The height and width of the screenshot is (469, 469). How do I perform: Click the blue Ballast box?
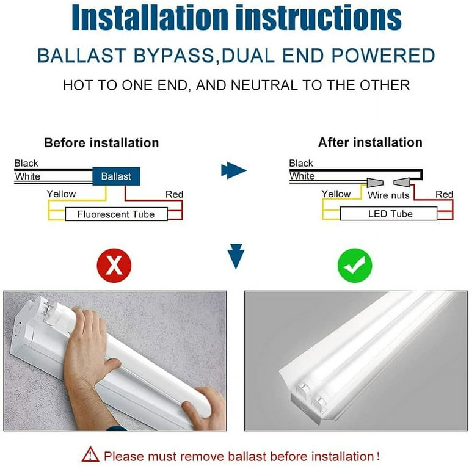point(116,176)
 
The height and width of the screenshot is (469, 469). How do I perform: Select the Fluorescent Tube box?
point(116,214)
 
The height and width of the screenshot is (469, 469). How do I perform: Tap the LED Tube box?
point(390,214)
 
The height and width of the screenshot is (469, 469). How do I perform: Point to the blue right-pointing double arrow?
point(234,170)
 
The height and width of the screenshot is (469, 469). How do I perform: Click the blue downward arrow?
point(235,256)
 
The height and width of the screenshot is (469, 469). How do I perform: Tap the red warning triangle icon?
point(90,455)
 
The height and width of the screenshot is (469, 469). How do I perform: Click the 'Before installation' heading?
point(101,143)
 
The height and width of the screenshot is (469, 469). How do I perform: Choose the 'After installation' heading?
point(370,142)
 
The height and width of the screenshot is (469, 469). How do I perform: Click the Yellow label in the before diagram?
point(62,194)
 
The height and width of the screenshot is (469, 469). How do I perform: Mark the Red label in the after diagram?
point(444,195)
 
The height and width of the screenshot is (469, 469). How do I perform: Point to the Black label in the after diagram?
point(301,163)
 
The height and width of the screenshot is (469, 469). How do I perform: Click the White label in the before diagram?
point(27,176)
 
